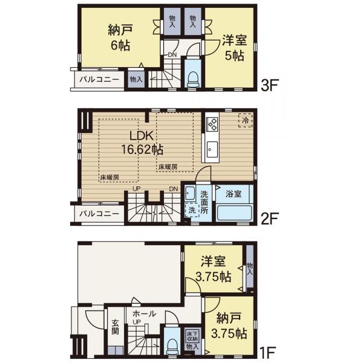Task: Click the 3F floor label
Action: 269,85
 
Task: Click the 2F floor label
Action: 269,219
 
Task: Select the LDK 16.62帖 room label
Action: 142,143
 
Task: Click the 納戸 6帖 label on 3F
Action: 120,38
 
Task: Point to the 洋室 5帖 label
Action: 235,48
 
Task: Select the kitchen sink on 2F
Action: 212,149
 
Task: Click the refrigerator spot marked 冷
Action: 245,120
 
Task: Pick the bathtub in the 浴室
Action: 235,213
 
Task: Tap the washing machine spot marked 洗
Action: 192,210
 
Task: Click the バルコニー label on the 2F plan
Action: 99,214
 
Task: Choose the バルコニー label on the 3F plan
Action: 99,79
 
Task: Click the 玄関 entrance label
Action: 115,327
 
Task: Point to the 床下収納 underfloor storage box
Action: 192,336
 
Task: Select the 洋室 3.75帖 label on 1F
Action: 213,269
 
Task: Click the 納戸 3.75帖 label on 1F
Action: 229,325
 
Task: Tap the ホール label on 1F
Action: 144,313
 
